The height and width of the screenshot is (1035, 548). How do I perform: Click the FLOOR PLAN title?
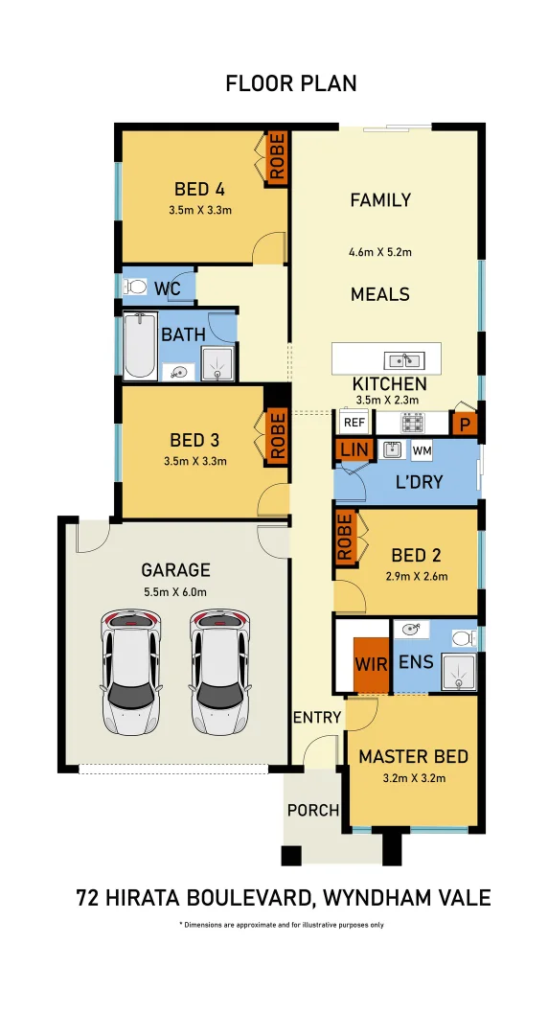291,83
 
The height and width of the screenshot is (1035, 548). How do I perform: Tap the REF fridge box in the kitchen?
354,423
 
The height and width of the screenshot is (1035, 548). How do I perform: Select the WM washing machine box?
422,450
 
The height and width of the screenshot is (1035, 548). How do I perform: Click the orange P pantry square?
466,423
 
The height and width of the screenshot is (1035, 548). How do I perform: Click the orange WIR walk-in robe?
371,664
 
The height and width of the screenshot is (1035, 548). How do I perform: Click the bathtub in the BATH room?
140,347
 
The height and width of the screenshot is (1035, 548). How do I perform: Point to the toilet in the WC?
136,287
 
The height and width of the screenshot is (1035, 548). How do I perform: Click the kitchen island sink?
403,360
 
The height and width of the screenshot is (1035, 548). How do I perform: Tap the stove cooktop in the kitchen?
412,423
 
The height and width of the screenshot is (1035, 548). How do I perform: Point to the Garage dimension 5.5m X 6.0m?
175,591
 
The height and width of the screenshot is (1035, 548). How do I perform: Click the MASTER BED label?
413,757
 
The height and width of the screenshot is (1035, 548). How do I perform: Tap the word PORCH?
313,810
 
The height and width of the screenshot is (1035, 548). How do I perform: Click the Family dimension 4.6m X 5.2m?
380,253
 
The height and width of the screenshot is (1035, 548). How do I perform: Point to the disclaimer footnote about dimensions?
282,925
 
